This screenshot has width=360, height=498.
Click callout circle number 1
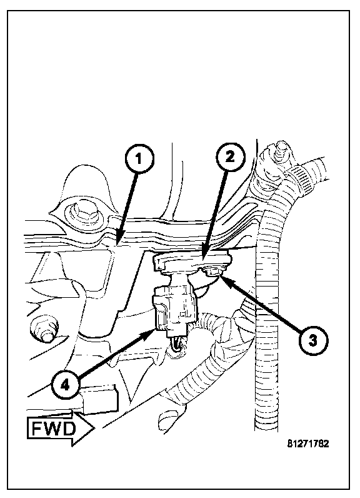[139, 158]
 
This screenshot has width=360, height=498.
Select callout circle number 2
[230, 157]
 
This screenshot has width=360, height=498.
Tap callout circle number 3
[313, 341]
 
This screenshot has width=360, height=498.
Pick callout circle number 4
[64, 385]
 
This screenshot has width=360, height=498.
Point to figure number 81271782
[308, 444]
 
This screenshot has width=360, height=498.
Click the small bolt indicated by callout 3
[211, 271]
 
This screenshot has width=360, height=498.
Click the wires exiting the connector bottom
[176, 344]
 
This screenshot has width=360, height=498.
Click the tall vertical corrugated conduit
[267, 318]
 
